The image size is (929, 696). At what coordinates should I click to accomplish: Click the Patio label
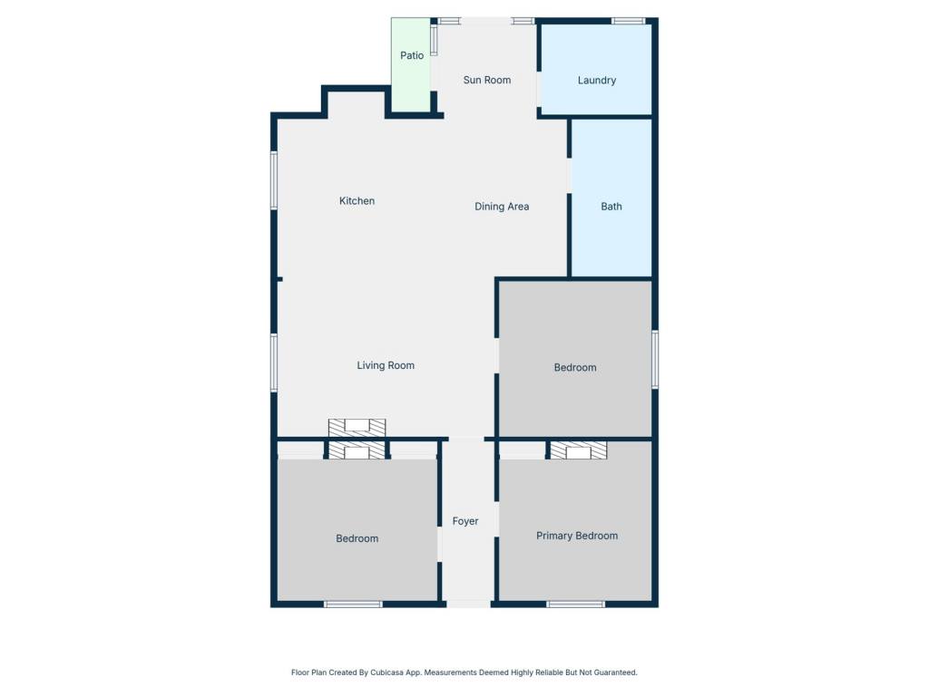pyautogui.click(x=412, y=55)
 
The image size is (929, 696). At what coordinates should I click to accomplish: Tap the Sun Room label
pyautogui.click(x=487, y=80)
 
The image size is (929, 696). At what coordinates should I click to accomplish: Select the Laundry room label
pyautogui.click(x=597, y=81)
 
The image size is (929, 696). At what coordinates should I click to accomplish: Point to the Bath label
pyautogui.click(x=611, y=207)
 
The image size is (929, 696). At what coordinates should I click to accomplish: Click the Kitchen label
pyautogui.click(x=357, y=201)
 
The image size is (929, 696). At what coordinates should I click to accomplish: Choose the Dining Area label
pyautogui.click(x=502, y=207)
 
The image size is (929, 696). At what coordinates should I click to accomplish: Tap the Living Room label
pyautogui.click(x=386, y=366)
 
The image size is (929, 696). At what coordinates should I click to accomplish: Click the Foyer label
pyautogui.click(x=465, y=521)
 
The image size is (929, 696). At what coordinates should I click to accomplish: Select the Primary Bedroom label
pyautogui.click(x=577, y=536)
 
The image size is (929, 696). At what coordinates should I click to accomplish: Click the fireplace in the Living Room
pyautogui.click(x=357, y=428)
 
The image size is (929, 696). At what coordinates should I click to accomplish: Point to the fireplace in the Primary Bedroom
pyautogui.click(x=578, y=450)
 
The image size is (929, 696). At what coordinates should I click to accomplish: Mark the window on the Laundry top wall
pyautogui.click(x=628, y=22)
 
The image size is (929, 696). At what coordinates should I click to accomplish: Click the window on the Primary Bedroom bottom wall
pyautogui.click(x=575, y=604)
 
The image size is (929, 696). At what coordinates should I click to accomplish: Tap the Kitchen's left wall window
pyautogui.click(x=274, y=180)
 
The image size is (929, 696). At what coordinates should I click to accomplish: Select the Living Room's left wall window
pyautogui.click(x=274, y=362)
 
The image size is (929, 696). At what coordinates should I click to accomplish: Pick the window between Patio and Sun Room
pyautogui.click(x=434, y=41)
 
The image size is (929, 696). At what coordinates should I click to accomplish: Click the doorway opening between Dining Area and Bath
pyautogui.click(x=570, y=176)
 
